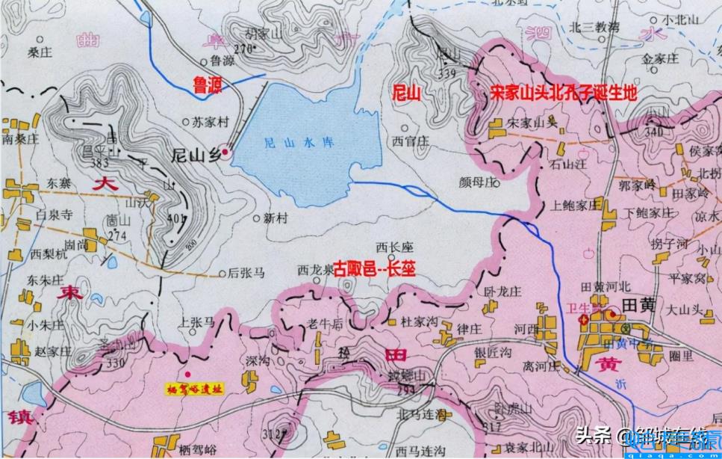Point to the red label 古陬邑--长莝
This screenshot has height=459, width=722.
[373, 267]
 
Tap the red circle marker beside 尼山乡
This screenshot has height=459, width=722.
[225, 153]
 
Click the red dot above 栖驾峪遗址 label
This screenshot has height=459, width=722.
[188, 374]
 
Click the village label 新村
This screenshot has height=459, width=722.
[276, 218]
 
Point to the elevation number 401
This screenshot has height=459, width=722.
[176, 218]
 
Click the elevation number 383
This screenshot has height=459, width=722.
[96, 161]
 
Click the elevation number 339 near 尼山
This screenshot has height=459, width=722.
[447, 73]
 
